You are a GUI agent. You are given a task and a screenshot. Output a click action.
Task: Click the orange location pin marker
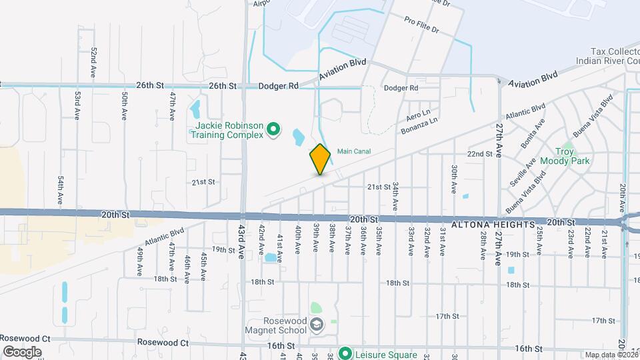(x=320, y=159)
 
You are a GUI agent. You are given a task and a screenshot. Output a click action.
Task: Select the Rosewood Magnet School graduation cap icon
(x=317, y=325)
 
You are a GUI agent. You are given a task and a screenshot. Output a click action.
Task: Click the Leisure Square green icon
(x=345, y=353)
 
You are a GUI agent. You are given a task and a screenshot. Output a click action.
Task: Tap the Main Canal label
(x=353, y=151)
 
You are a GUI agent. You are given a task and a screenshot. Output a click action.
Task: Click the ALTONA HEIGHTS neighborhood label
(x=493, y=225)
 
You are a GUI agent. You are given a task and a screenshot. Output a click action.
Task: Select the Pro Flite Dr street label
(x=421, y=25)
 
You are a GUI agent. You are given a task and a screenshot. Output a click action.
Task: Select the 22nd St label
(x=479, y=154)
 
